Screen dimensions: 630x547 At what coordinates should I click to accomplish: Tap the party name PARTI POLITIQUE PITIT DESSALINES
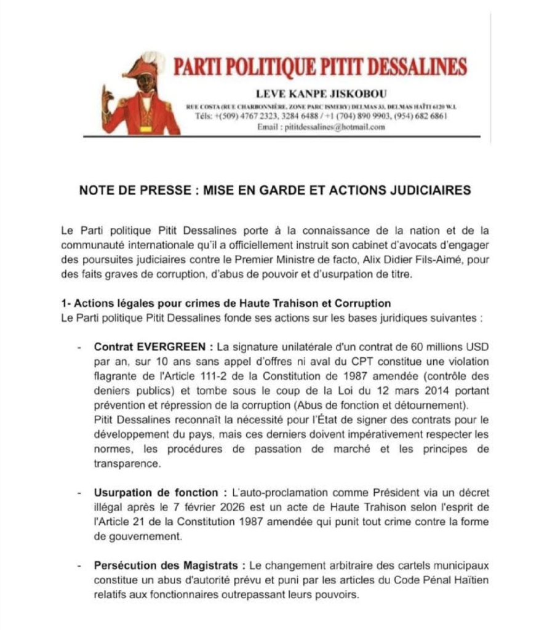coord(319,66)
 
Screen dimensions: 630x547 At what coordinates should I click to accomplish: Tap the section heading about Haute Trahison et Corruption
coord(226,304)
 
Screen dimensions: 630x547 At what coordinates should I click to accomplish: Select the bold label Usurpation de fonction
coord(156,493)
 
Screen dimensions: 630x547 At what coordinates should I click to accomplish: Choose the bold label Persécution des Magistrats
coord(168,565)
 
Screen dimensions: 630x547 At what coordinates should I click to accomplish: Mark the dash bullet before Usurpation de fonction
coord(79,493)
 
